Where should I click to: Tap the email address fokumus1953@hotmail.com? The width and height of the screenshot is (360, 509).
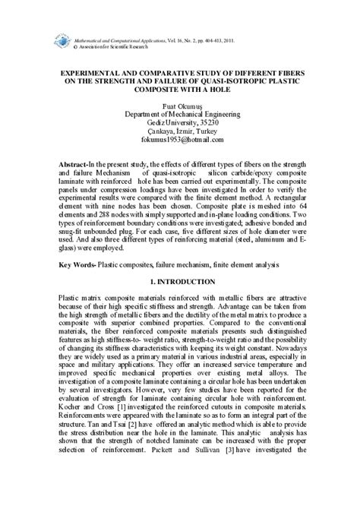(x=180, y=140)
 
